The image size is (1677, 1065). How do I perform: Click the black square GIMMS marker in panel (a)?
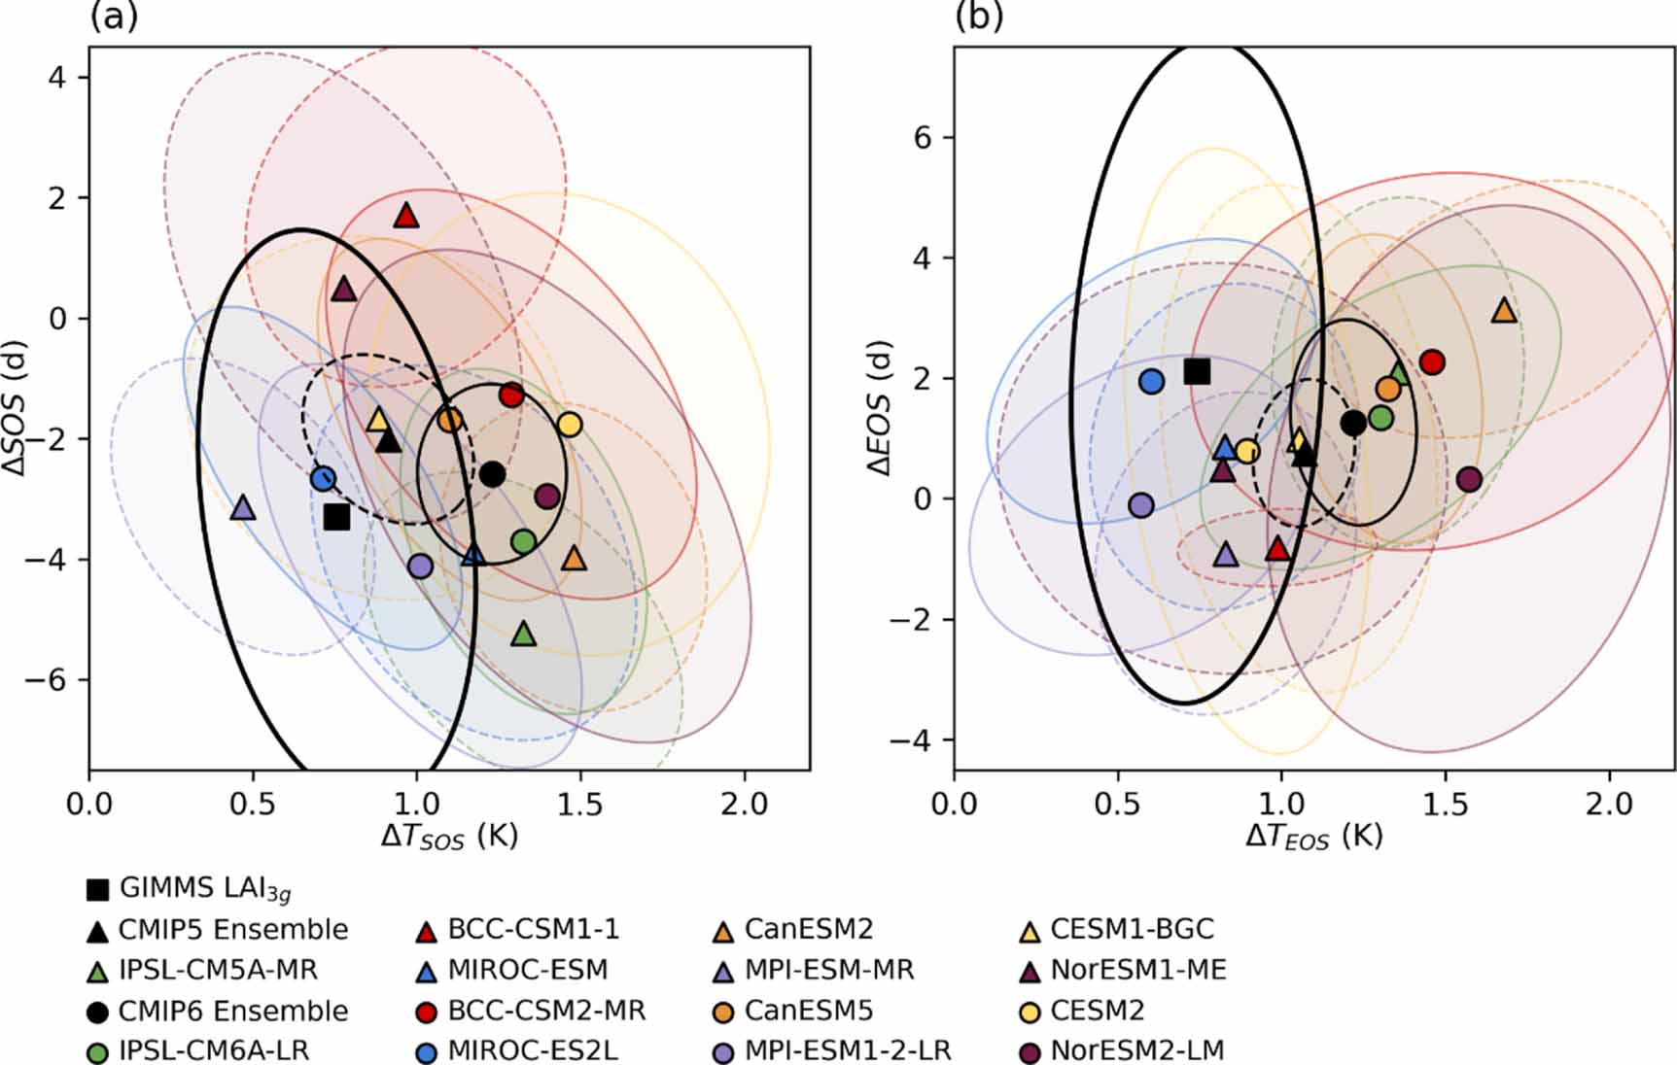pyautogui.click(x=336, y=517)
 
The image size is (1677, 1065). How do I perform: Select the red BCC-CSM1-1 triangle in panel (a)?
pyautogui.click(x=406, y=216)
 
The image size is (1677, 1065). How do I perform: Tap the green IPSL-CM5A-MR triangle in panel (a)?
pyautogui.click(x=523, y=635)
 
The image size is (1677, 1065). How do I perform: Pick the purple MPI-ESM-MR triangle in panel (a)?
pyautogui.click(x=243, y=508)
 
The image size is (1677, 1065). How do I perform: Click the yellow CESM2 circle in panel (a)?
pyautogui.click(x=570, y=425)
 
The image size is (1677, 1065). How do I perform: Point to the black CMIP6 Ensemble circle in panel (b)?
pyautogui.click(x=1352, y=423)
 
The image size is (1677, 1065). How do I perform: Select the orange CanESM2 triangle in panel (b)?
pyautogui.click(x=1504, y=311)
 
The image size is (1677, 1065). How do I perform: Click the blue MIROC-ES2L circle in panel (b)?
pyautogui.click(x=1151, y=382)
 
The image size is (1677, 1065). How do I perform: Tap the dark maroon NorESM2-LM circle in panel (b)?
pyautogui.click(x=1469, y=479)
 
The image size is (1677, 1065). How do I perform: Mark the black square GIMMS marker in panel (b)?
pyautogui.click(x=1197, y=371)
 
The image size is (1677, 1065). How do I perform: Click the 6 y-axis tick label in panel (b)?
pyautogui.click(x=922, y=138)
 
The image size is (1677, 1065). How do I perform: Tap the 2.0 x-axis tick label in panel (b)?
pyautogui.click(x=1610, y=805)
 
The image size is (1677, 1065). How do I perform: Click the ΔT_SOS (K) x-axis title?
pyautogui.click(x=449, y=837)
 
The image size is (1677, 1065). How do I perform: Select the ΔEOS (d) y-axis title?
pyautogui.click(x=879, y=408)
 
